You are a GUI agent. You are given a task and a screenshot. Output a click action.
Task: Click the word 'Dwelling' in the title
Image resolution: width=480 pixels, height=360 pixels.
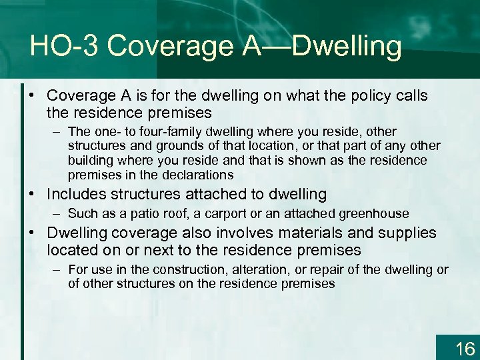(x=347, y=46)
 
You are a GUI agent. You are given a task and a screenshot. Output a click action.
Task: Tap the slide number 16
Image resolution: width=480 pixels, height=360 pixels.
(x=465, y=348)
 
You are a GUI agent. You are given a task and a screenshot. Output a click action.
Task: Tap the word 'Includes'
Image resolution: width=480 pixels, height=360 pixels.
(x=77, y=195)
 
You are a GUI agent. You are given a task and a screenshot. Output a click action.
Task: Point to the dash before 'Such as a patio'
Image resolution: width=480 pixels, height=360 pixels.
(x=58, y=214)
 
